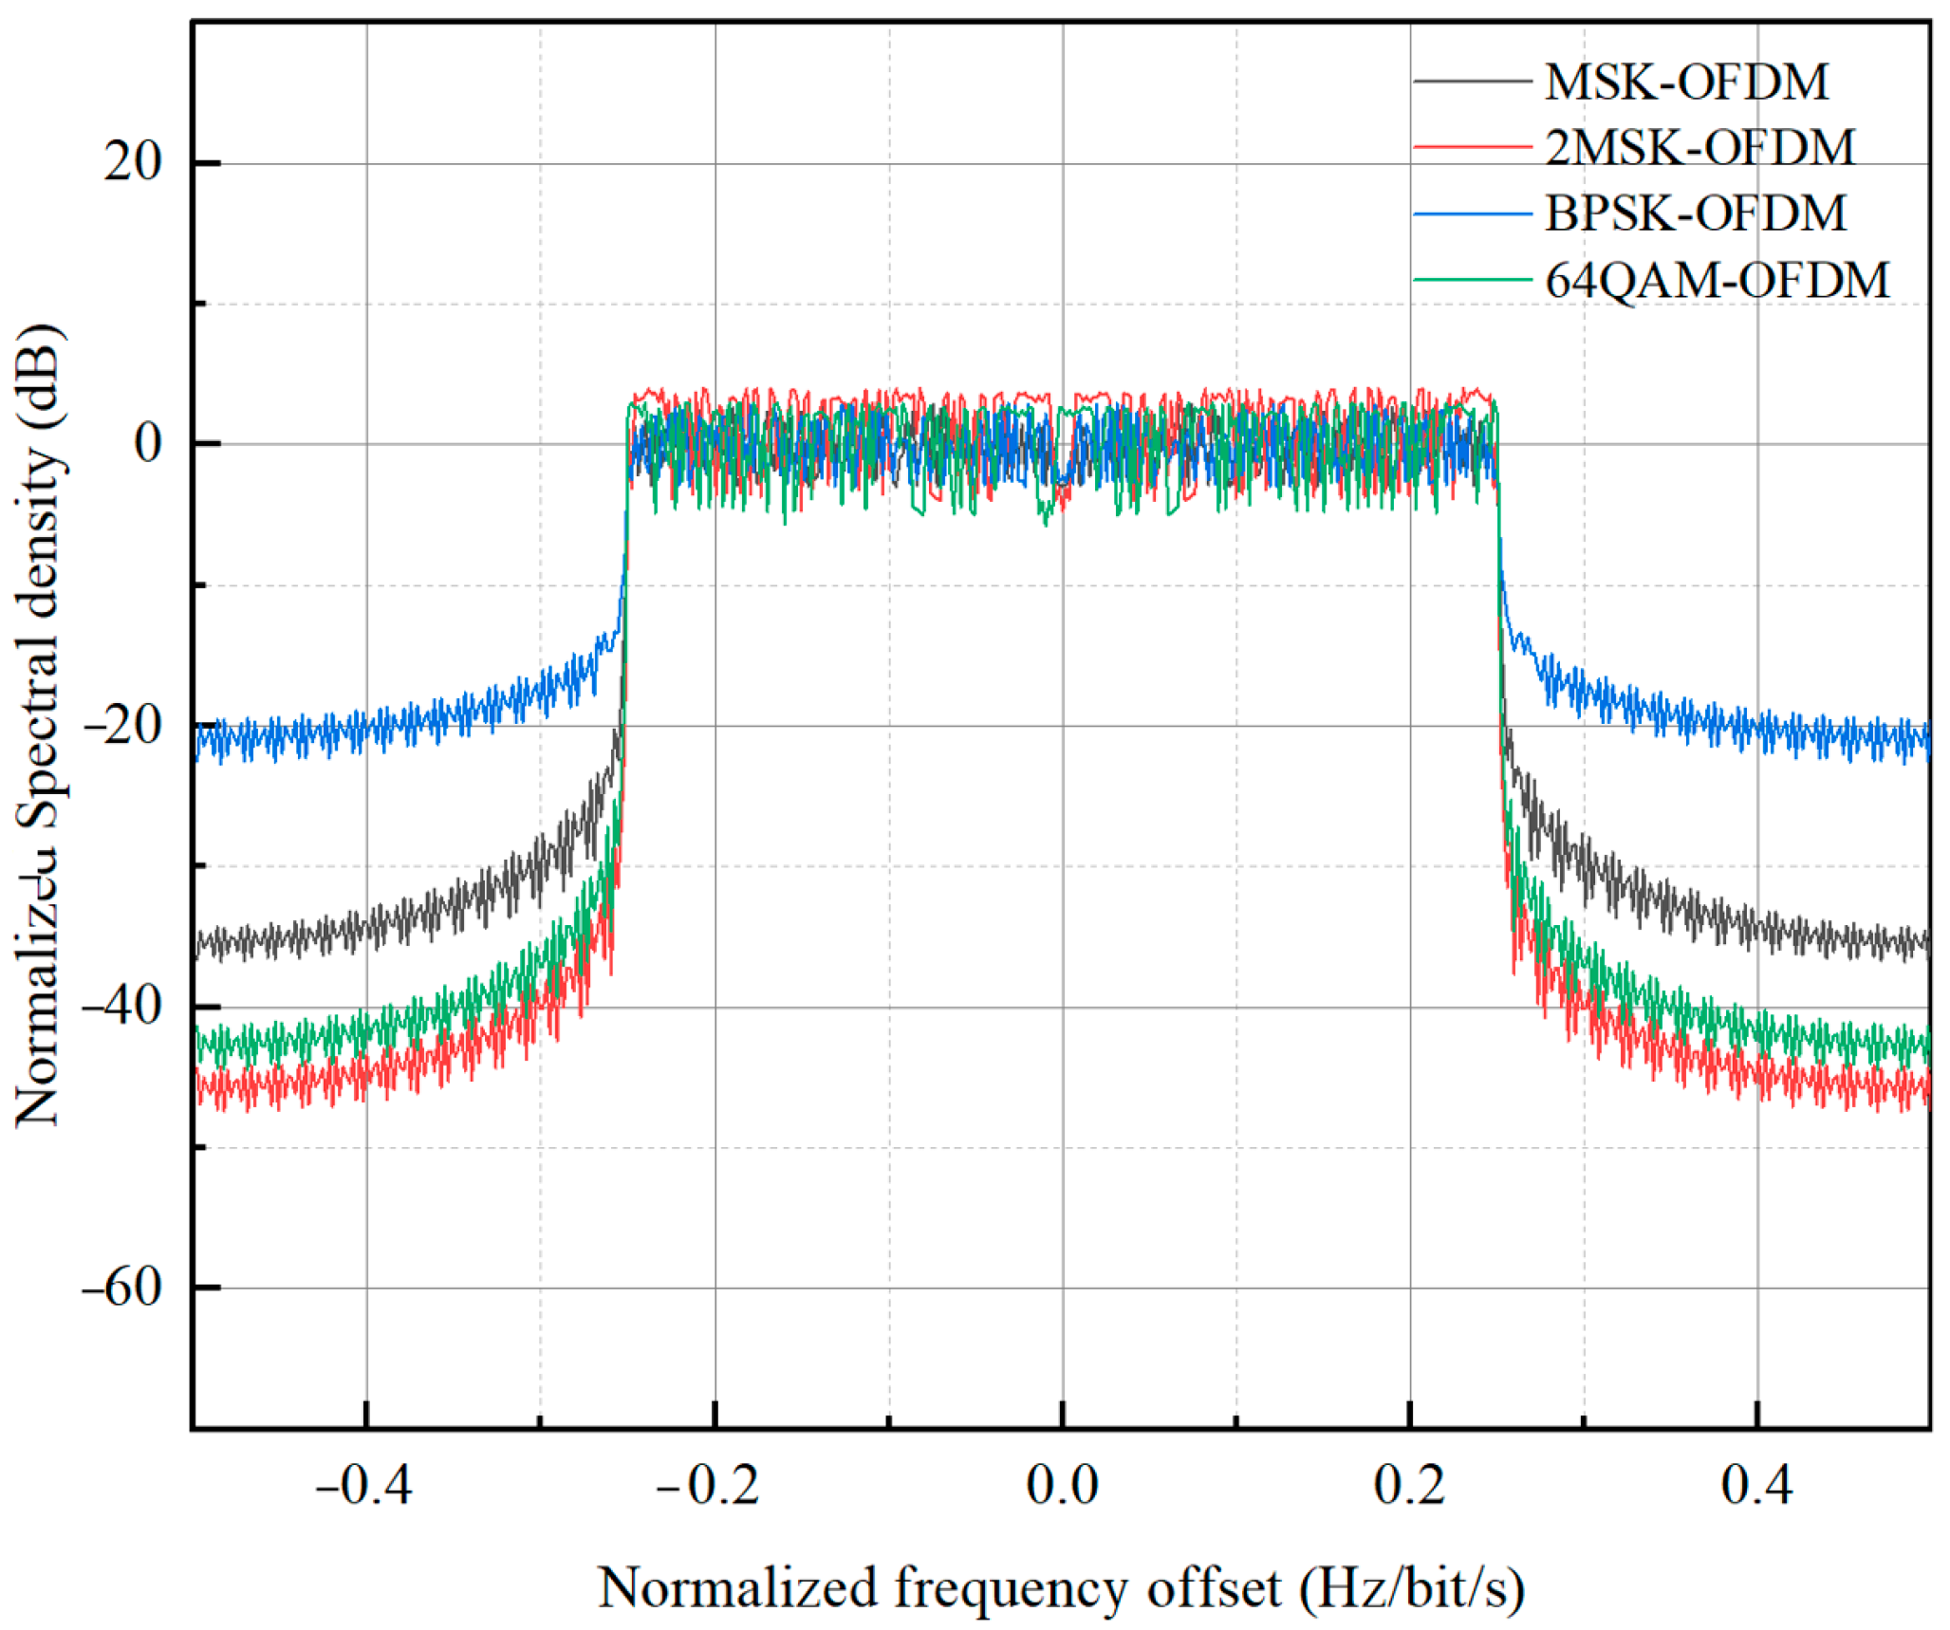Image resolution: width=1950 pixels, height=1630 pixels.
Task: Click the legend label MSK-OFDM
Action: click(x=1686, y=83)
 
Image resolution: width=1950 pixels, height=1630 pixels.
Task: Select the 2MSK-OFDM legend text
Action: click(x=1699, y=148)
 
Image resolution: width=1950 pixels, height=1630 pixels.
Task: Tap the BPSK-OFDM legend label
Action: click(x=1696, y=213)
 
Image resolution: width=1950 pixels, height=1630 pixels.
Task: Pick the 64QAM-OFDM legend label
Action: click(x=1718, y=281)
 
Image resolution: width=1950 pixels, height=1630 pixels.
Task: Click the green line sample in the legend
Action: click(x=1472, y=280)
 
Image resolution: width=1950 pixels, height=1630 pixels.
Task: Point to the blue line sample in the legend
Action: click(x=1472, y=214)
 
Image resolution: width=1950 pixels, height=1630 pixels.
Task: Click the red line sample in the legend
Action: click(x=1472, y=148)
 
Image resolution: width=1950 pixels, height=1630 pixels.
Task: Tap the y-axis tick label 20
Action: click(x=133, y=162)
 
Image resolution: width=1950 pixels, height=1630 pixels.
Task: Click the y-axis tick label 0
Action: click(x=148, y=443)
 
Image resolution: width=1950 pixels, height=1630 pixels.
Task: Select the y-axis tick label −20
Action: click(x=122, y=726)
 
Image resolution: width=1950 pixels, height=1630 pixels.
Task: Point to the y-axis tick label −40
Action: click(x=122, y=1007)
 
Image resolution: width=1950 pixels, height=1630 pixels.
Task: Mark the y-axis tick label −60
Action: click(x=122, y=1287)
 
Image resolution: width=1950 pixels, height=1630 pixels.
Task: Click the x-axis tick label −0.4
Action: click(x=364, y=1486)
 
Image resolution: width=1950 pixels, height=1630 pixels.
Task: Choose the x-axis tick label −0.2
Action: click(x=710, y=1486)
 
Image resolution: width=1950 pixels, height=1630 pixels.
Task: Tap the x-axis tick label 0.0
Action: click(x=1062, y=1486)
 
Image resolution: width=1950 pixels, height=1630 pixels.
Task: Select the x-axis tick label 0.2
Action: click(x=1410, y=1486)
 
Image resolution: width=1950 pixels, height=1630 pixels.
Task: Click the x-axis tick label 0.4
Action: click(x=1757, y=1486)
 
